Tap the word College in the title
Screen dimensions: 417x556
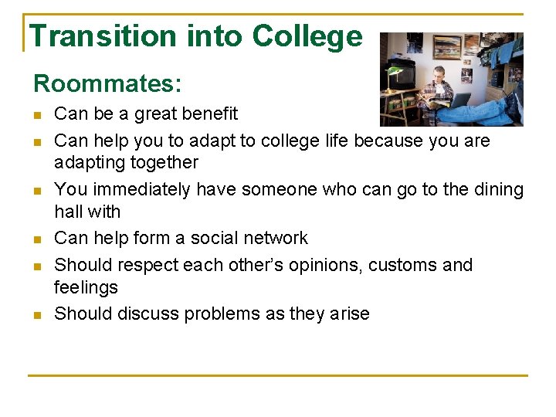(x=307, y=36)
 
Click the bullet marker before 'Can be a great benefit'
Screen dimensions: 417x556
(x=38, y=115)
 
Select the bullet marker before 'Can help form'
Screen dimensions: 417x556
(x=38, y=239)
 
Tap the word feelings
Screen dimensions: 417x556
(x=86, y=288)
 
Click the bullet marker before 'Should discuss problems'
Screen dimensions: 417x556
(x=38, y=315)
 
